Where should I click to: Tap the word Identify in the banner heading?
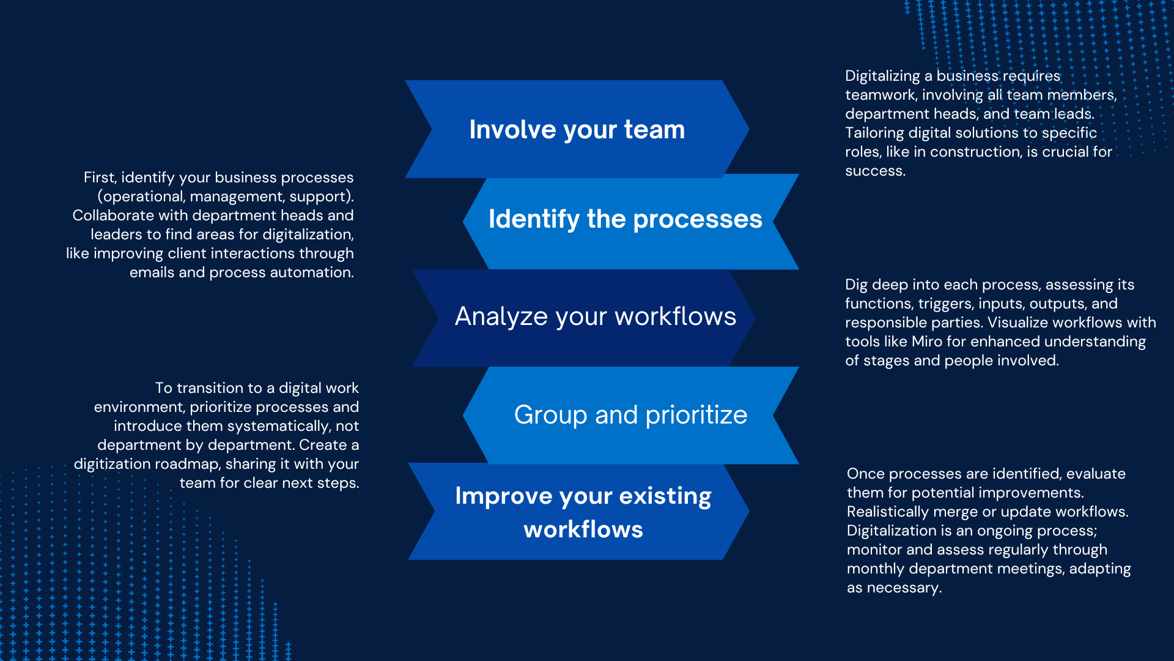point(534,219)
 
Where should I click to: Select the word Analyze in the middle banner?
point(501,316)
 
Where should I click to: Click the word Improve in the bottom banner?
point(503,496)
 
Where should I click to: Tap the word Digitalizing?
point(882,76)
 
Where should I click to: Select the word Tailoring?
point(874,133)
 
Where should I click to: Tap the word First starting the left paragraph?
point(100,177)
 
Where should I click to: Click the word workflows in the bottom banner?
point(583,529)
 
